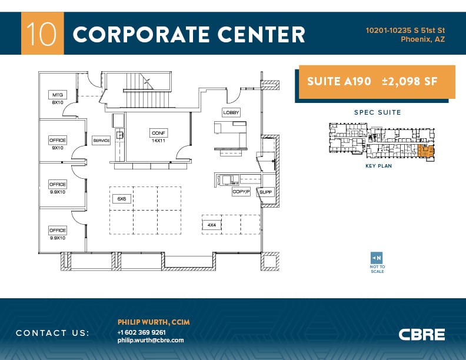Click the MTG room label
pyautogui.click(x=58, y=95)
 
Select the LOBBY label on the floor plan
pyautogui.click(x=231, y=112)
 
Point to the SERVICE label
pyautogui.click(x=101, y=141)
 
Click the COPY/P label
pyautogui.click(x=241, y=192)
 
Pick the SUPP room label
pyautogui.click(x=265, y=192)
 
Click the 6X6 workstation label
pyautogui.click(x=122, y=199)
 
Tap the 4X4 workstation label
pyautogui.click(x=211, y=225)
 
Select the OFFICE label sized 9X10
pyautogui.click(x=58, y=140)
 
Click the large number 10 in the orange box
pyautogui.click(x=42, y=34)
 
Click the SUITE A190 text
pyautogui.click(x=339, y=82)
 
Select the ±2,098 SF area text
pyautogui.click(x=410, y=82)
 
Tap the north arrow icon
pyautogui.click(x=377, y=258)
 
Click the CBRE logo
pyautogui.click(x=422, y=335)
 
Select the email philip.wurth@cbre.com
pyautogui.click(x=151, y=340)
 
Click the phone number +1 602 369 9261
pyautogui.click(x=141, y=332)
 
